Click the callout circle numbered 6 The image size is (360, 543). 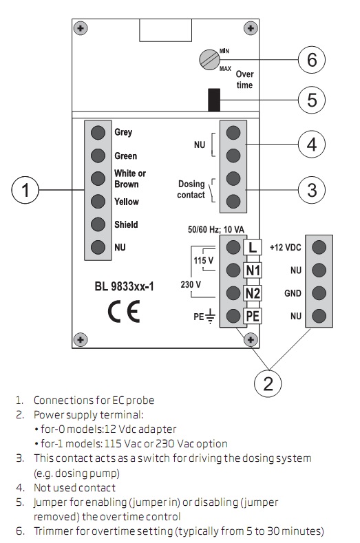coord(312,61)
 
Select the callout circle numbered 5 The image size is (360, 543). coord(312,100)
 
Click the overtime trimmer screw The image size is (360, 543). coord(209,60)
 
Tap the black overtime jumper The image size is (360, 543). coord(213,100)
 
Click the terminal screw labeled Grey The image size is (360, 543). coord(98,132)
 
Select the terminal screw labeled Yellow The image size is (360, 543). coord(98,201)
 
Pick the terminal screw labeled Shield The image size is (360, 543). coord(98,224)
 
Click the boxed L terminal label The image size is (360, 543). coord(253,246)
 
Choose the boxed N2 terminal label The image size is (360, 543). coord(253,293)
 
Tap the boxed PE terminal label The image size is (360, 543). coord(253,317)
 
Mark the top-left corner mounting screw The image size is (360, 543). coord(82,28)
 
